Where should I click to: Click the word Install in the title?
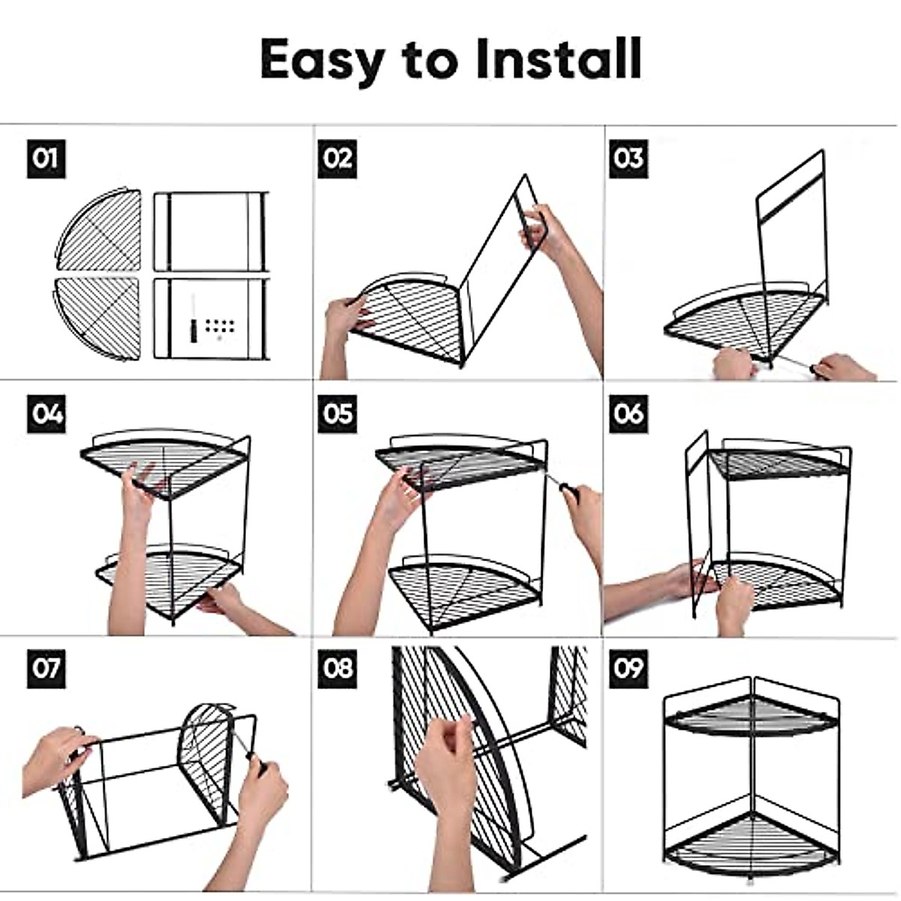tap(559, 59)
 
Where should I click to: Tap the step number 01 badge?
tap(47, 158)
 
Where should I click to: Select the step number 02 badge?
tap(337, 158)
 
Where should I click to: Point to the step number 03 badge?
tap(628, 158)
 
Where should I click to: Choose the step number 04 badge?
tap(47, 414)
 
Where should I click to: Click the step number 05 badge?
tap(337, 414)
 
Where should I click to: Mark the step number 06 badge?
tap(628, 414)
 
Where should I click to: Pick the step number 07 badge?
tap(47, 669)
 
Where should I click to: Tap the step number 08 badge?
tap(337, 669)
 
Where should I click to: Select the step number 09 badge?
tap(628, 669)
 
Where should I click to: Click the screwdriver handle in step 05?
tap(571, 493)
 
